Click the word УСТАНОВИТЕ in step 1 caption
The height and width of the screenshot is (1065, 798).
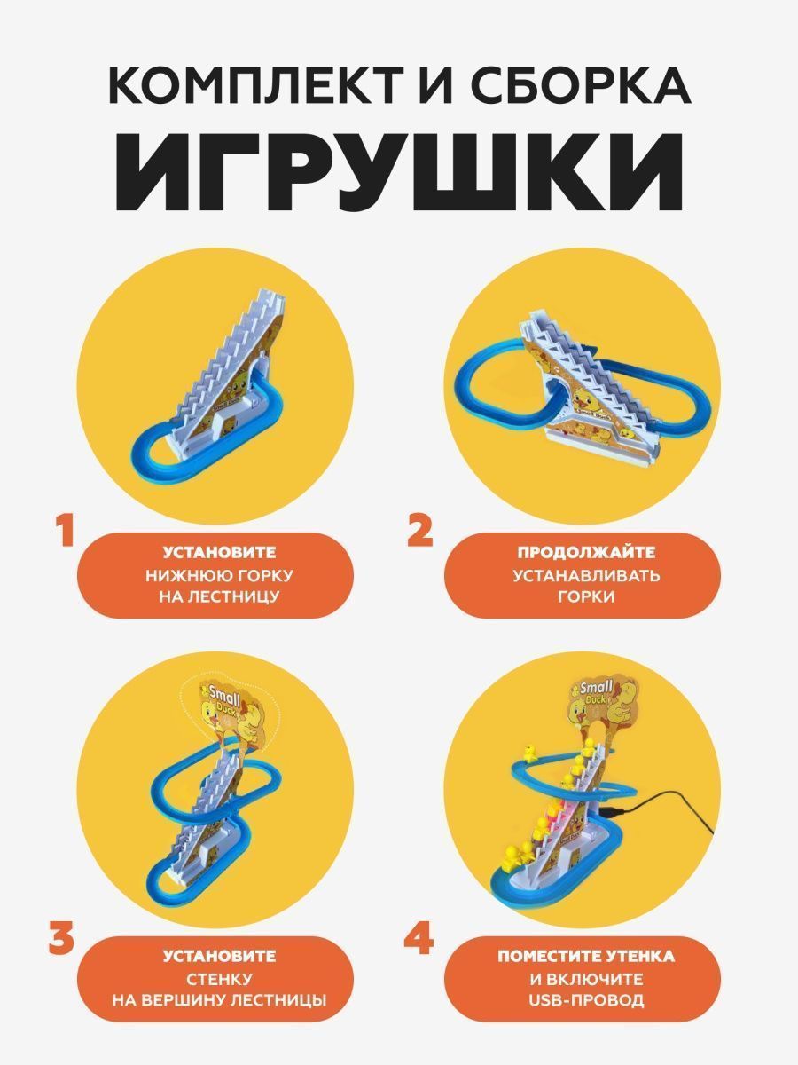pyautogui.click(x=220, y=552)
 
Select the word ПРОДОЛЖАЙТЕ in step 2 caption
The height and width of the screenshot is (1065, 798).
pyautogui.click(x=586, y=552)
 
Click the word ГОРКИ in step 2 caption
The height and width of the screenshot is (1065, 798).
pyautogui.click(x=586, y=596)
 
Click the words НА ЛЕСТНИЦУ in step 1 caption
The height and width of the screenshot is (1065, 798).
pyautogui.click(x=220, y=596)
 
